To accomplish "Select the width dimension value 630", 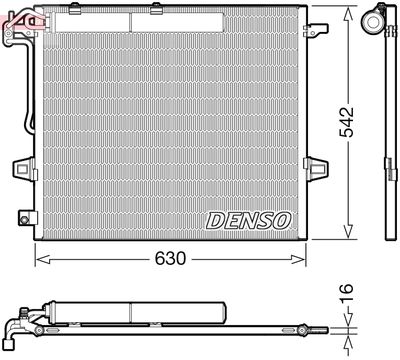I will (171, 258).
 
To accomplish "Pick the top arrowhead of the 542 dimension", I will (347, 13).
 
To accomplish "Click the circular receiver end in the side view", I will (378, 19).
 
